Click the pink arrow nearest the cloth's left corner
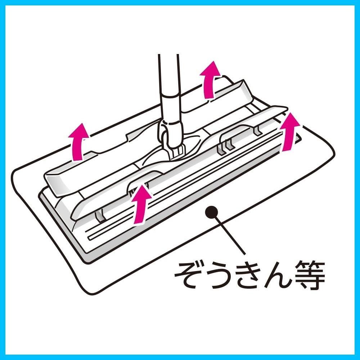click(x=78, y=142)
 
